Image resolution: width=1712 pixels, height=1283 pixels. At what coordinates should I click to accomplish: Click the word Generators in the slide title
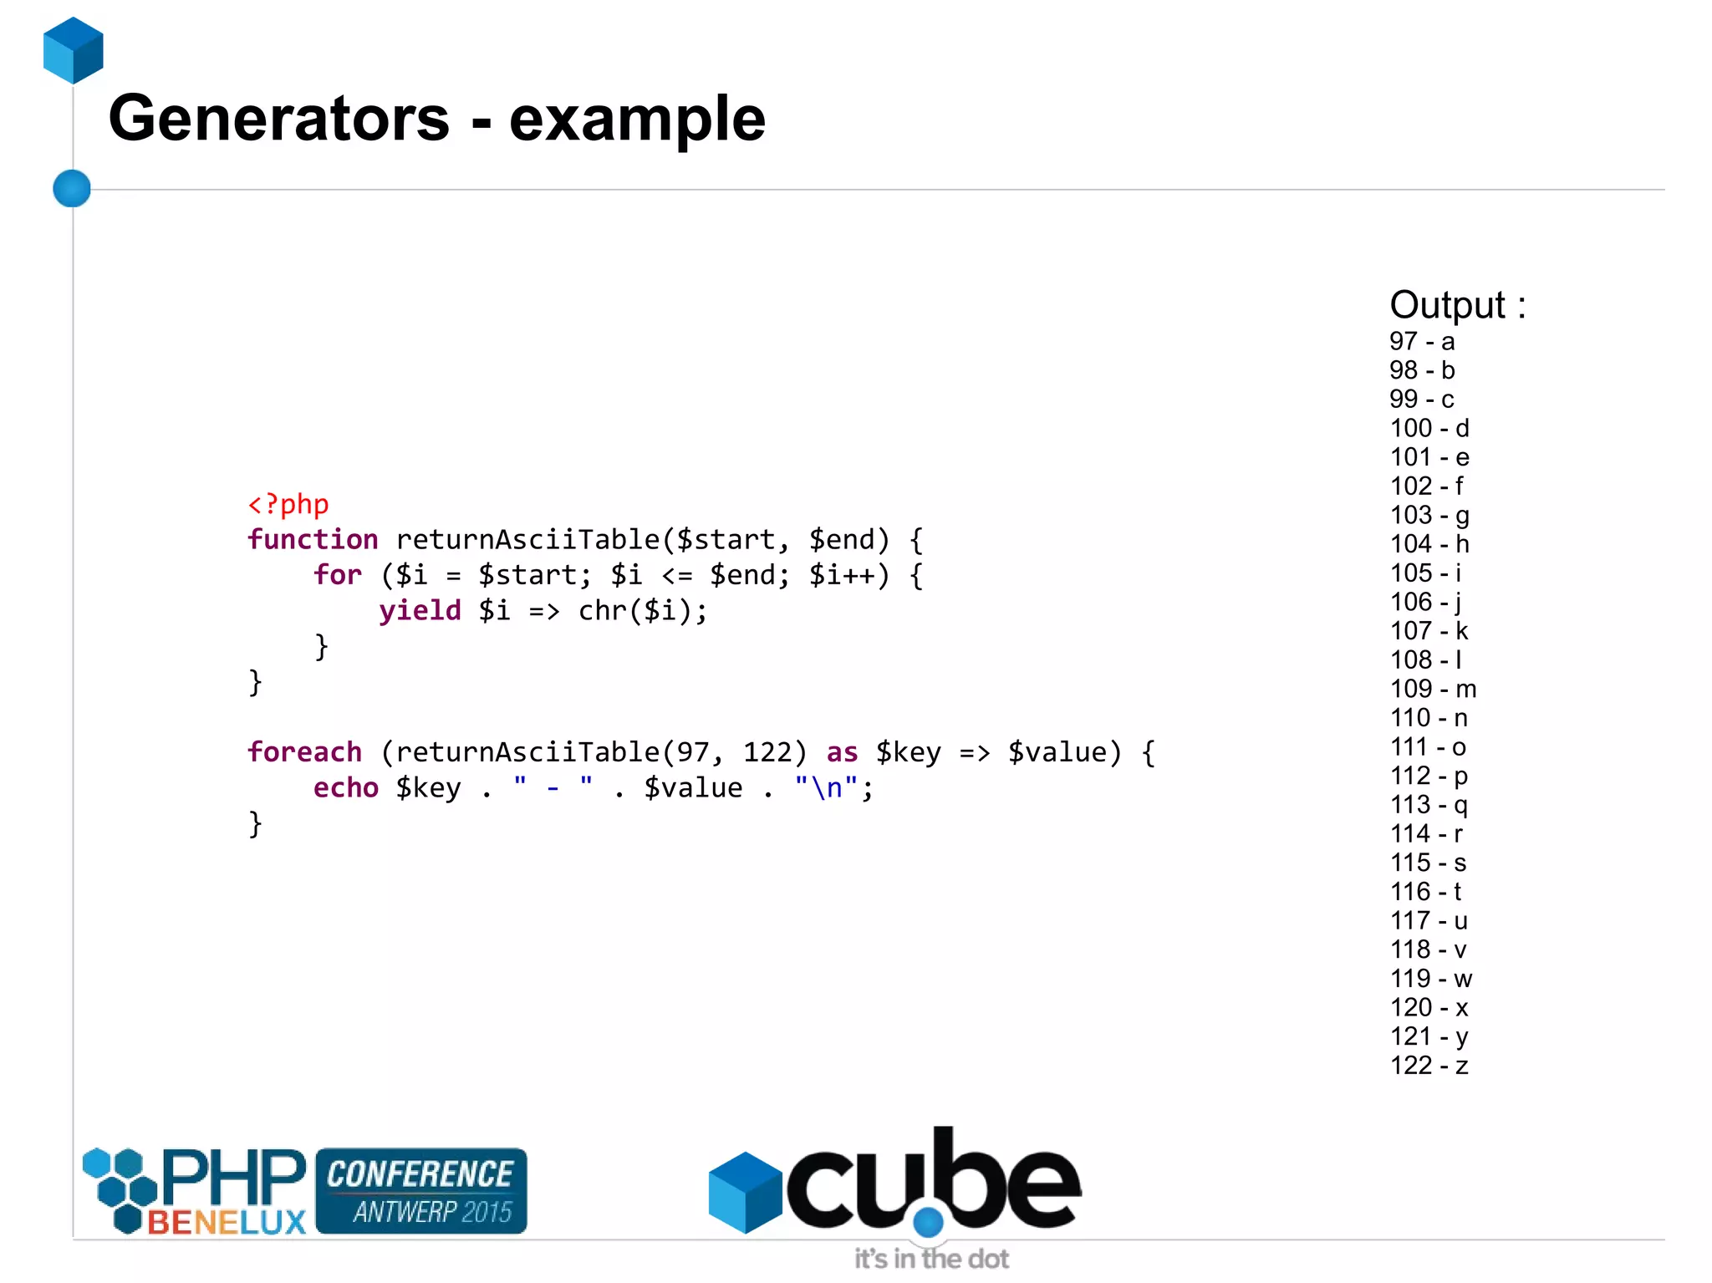(x=278, y=119)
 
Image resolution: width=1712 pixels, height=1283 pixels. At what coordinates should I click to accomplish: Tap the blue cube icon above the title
(x=74, y=51)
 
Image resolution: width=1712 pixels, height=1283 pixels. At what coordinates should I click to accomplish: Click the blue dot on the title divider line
(x=72, y=188)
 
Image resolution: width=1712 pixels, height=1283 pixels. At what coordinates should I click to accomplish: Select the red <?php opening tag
(x=288, y=504)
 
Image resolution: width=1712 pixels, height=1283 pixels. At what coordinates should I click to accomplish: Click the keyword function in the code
(x=313, y=540)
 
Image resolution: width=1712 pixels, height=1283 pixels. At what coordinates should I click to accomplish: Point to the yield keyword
(x=420, y=611)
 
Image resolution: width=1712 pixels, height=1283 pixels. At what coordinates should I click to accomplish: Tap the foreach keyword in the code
(x=305, y=752)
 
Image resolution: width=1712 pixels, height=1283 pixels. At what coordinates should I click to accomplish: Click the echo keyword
(x=345, y=788)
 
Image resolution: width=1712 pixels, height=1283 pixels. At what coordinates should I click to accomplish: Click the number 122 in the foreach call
(x=766, y=752)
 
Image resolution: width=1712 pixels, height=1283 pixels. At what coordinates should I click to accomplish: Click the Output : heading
(x=1457, y=305)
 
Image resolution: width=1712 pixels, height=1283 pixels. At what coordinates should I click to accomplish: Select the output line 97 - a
(x=1422, y=342)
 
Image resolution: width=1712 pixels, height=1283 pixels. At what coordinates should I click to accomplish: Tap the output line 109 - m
(x=1433, y=689)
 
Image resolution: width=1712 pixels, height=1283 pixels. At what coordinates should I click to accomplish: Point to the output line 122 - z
(x=1429, y=1066)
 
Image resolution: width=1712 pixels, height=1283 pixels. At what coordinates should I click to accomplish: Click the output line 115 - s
(x=1428, y=863)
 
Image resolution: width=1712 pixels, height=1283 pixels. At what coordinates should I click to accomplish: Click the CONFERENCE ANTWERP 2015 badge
(x=421, y=1191)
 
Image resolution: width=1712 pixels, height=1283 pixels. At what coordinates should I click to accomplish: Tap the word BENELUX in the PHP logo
(x=227, y=1223)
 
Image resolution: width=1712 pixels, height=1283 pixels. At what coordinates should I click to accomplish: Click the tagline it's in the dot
(x=931, y=1259)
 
